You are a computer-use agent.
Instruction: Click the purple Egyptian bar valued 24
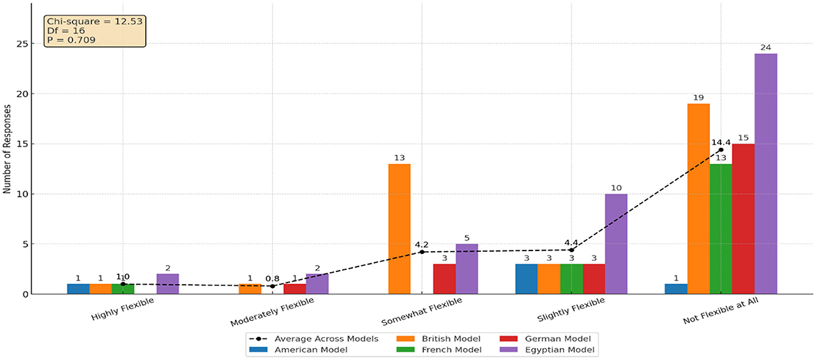coord(766,174)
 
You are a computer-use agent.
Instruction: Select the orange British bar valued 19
coord(699,199)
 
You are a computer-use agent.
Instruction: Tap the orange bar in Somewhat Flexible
coord(400,229)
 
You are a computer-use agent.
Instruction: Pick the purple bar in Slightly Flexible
coord(616,244)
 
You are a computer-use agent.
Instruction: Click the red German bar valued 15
coord(743,219)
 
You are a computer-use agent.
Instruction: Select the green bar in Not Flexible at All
coord(721,229)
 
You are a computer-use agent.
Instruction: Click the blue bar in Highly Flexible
coord(78,289)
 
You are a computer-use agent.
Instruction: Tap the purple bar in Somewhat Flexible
coord(467,269)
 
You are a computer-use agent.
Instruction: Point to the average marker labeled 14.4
coord(721,150)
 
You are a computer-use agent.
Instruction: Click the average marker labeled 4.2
coord(422,252)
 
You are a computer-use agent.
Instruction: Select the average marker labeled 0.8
coord(272,286)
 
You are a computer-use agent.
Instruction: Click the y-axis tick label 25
coord(27,44)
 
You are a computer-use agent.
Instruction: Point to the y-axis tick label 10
coord(27,194)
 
